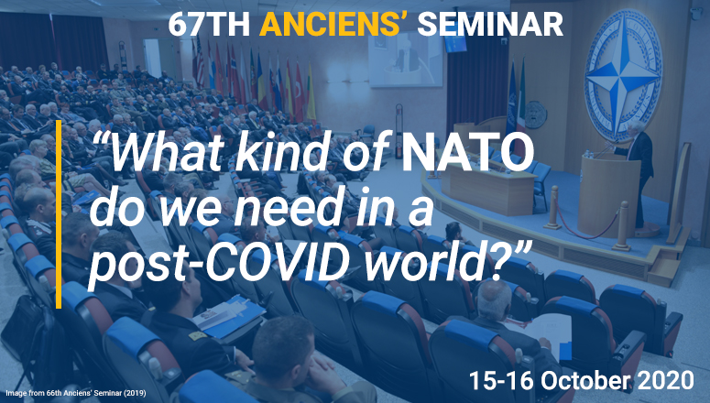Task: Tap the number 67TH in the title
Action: pos(209,24)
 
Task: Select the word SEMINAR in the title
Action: pos(490,24)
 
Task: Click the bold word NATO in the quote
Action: pos(468,151)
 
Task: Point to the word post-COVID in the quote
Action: pos(224,261)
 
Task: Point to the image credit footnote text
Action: pos(76,393)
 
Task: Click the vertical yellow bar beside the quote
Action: pos(59,214)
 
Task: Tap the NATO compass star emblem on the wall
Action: pos(623,74)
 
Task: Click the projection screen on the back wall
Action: pos(405,60)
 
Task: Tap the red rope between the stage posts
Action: pos(586,224)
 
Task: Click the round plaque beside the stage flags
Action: pos(536,114)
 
